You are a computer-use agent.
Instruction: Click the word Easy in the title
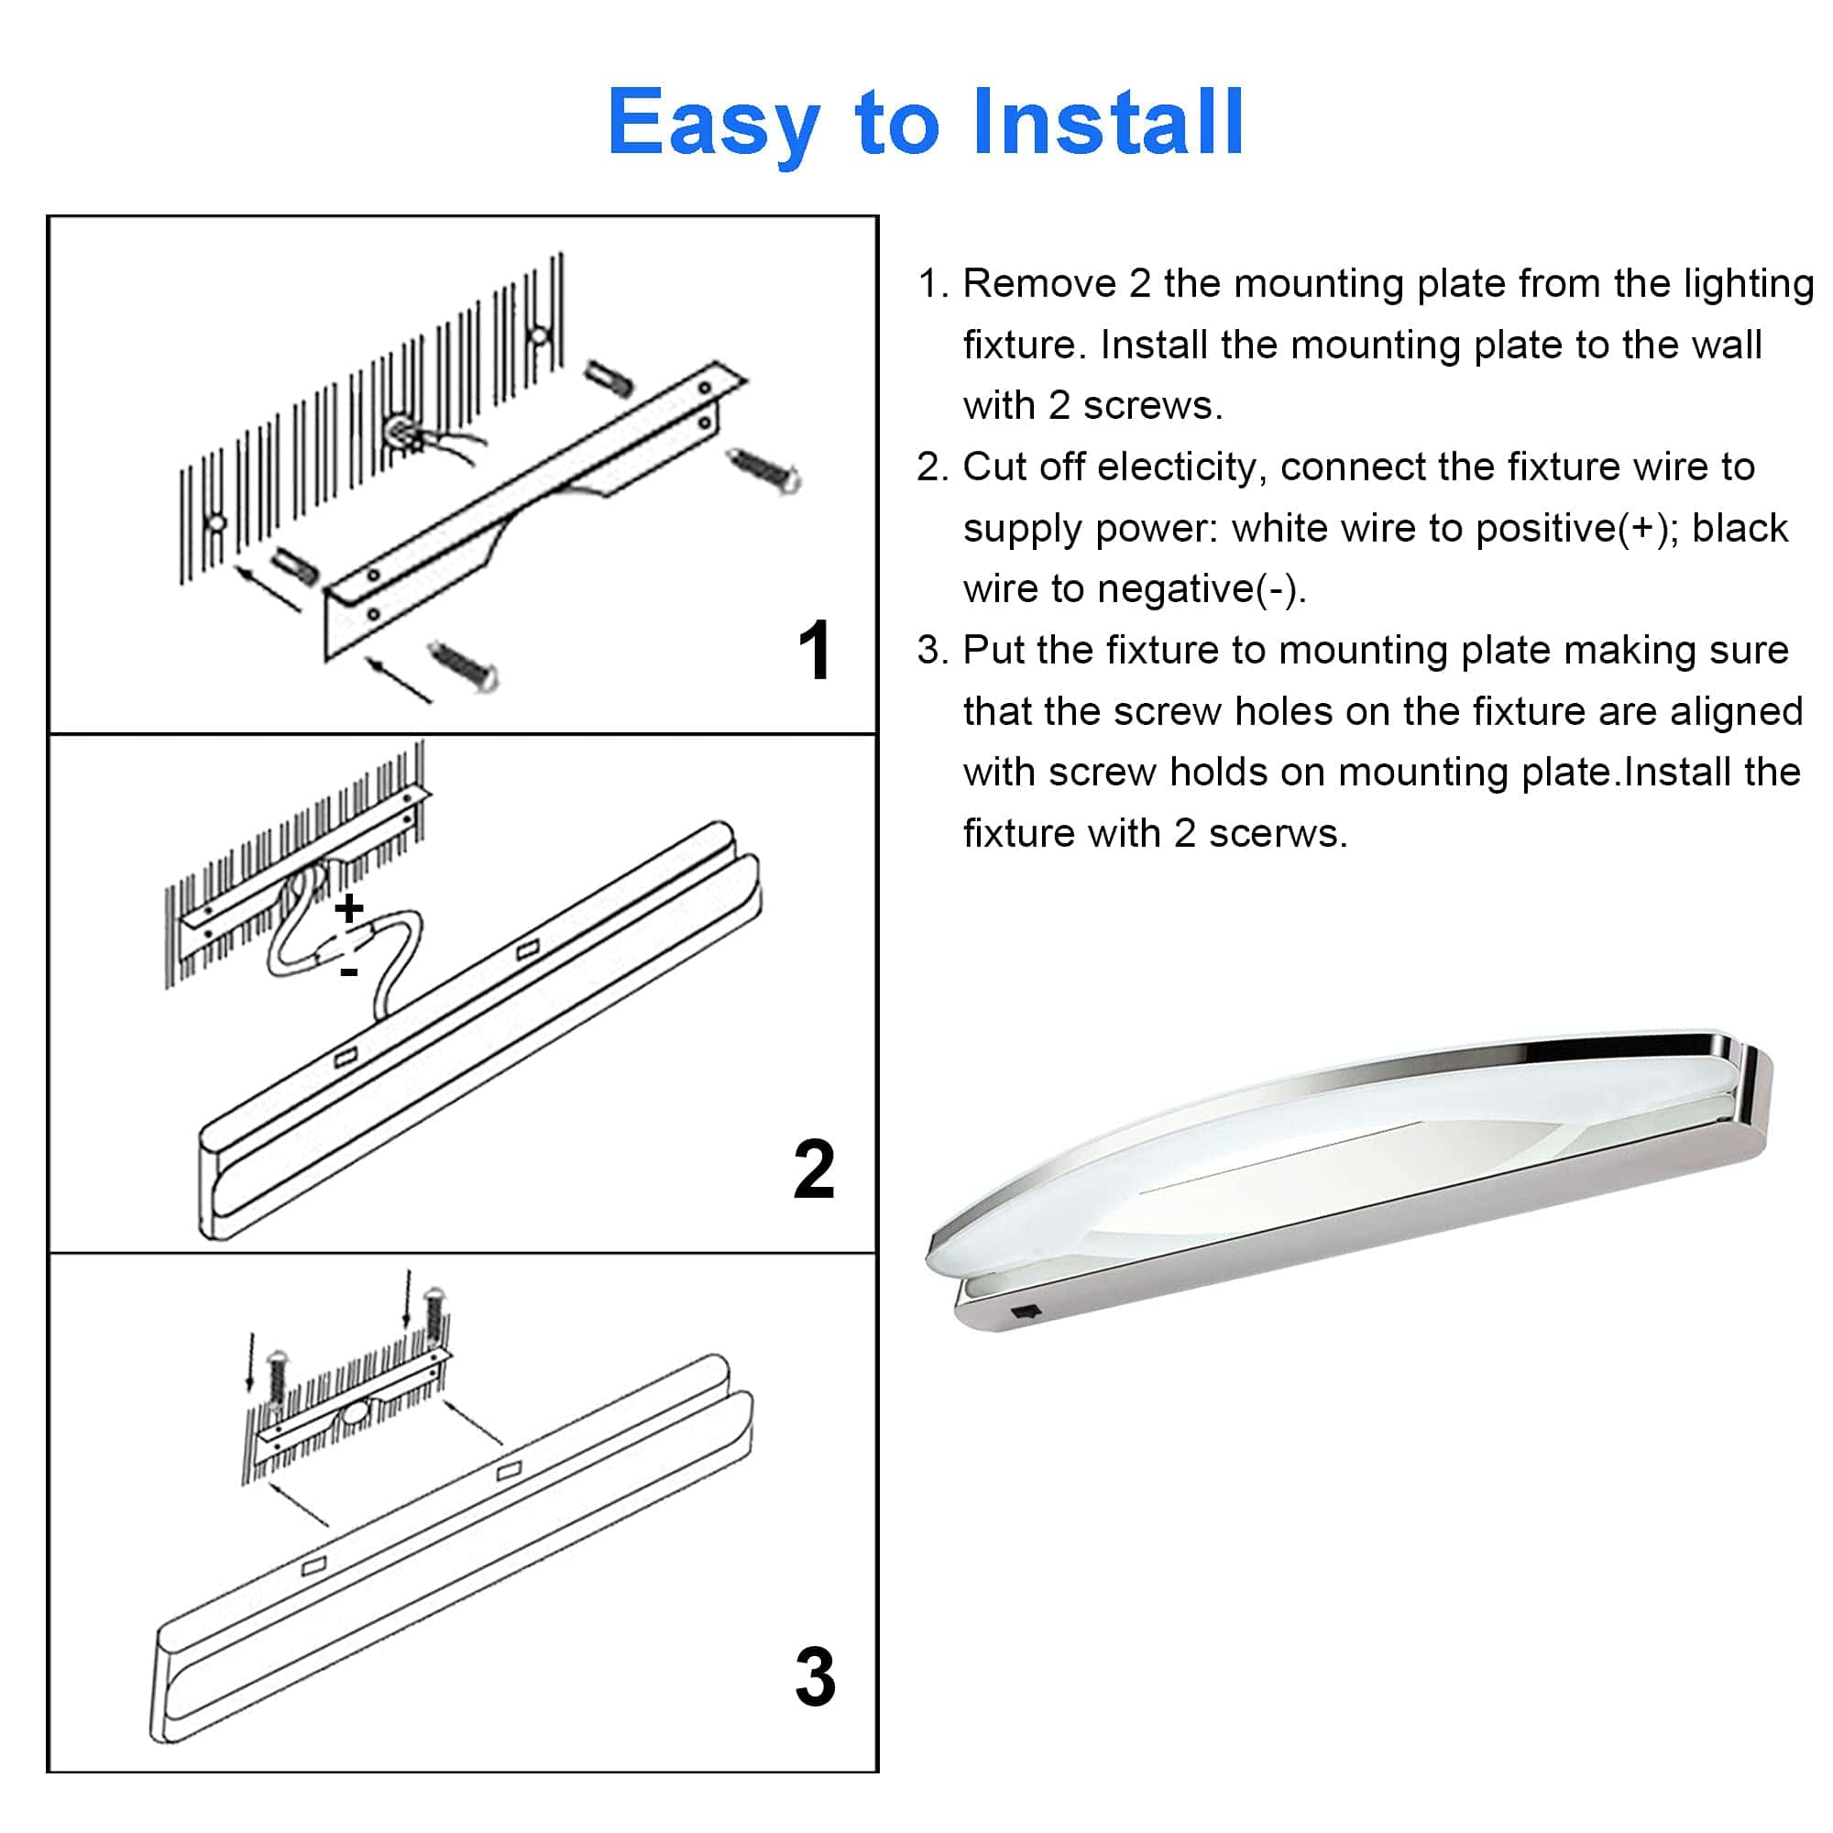(713, 125)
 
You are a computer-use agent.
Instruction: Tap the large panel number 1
(814, 650)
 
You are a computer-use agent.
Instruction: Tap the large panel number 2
(814, 1170)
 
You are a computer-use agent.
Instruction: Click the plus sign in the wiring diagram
(349, 908)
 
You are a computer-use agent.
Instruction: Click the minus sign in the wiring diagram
(349, 971)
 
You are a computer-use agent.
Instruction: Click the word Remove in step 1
(1040, 284)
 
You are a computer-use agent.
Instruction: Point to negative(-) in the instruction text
(1202, 590)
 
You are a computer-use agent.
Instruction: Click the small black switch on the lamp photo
(1026, 1312)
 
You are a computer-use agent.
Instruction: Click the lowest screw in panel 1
(464, 665)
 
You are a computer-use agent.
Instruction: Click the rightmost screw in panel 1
(763, 470)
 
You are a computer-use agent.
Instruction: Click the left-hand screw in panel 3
(276, 1377)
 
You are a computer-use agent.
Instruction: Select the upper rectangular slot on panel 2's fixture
(528, 948)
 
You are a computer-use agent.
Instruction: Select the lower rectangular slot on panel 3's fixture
(313, 1565)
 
